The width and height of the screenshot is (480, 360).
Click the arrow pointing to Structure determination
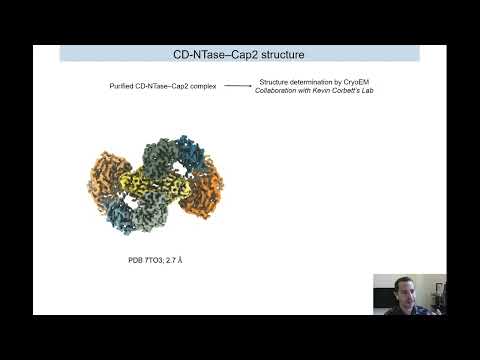[x=237, y=87]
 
